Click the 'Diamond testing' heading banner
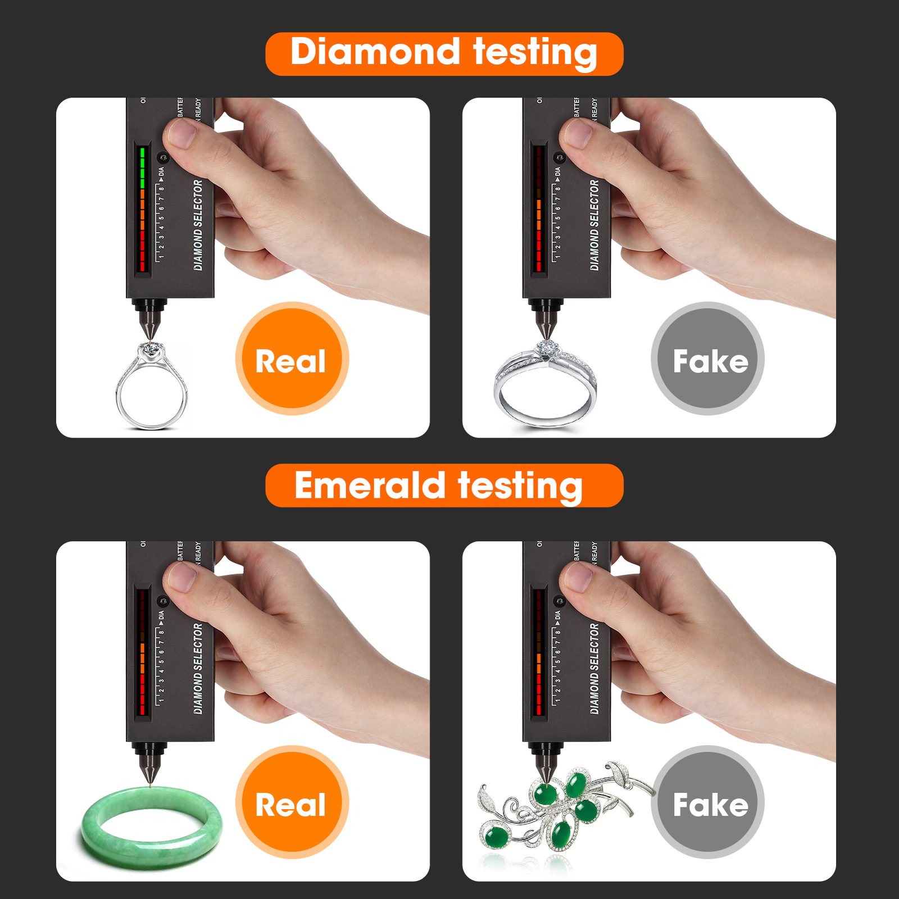444,54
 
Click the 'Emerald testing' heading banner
444,485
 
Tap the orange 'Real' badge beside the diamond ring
292,359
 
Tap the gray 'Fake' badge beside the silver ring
707,359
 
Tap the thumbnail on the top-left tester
181,133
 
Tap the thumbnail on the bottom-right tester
578,576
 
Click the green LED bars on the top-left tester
143,167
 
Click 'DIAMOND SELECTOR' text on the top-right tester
594,225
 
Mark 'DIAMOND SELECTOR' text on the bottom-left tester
198,669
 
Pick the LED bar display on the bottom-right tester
539,652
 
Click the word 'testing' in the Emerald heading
520,485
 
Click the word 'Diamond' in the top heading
375,52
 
